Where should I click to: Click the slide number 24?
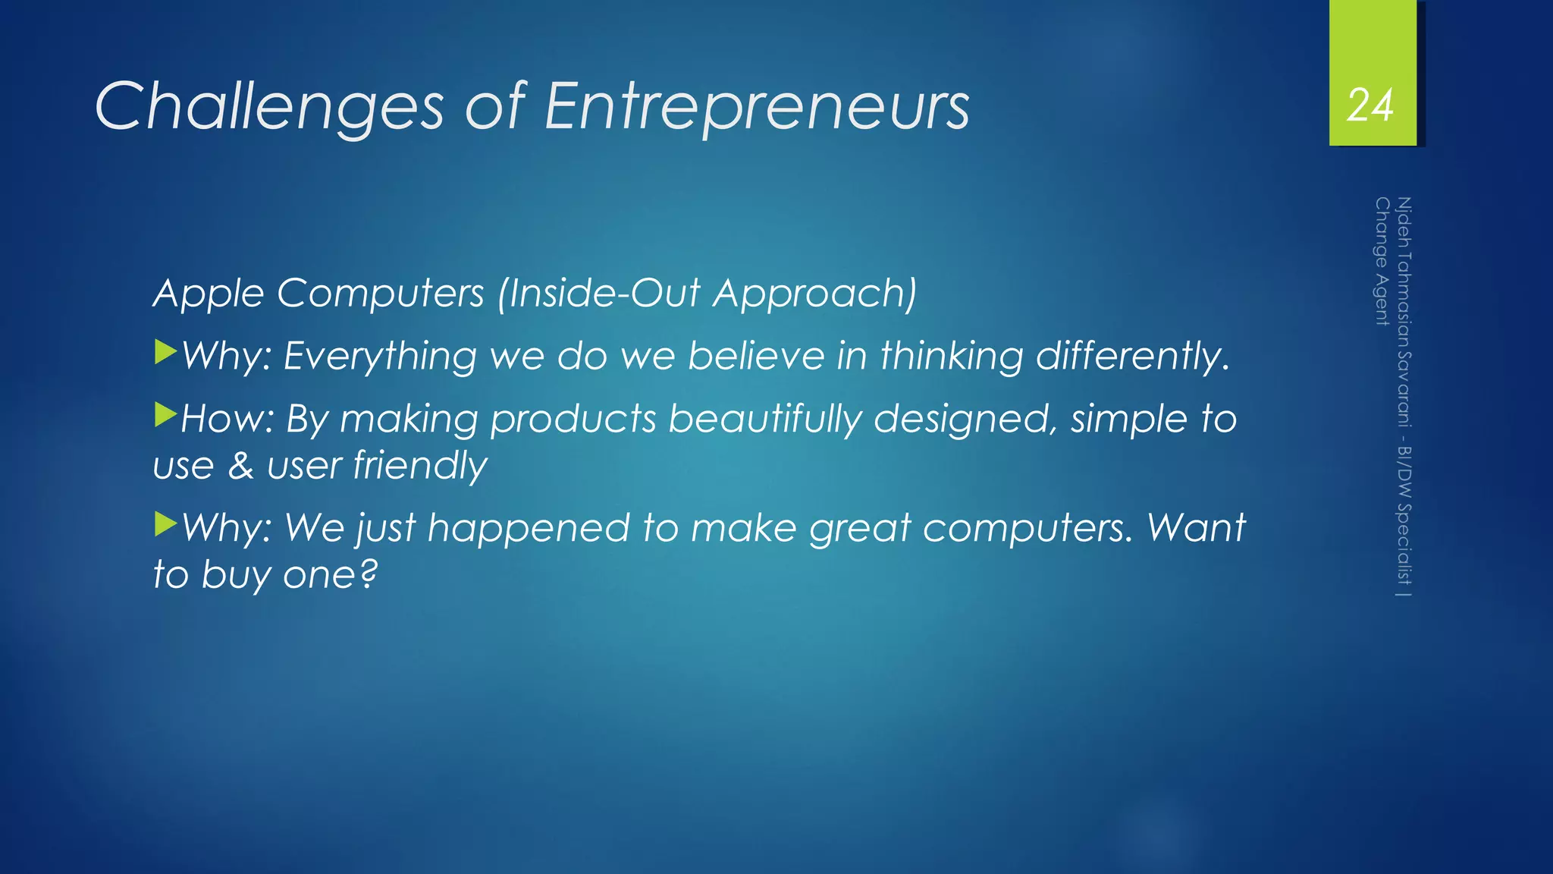point(1370,105)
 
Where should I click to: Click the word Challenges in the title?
point(269,107)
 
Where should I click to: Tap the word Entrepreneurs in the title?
point(757,107)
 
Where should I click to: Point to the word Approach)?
point(815,294)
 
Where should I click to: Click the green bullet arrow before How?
point(165,415)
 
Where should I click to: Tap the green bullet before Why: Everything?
point(165,352)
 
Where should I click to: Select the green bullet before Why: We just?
point(165,523)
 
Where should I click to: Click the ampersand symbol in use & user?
point(240,466)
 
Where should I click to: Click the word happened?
point(529,529)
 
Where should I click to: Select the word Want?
point(1196,527)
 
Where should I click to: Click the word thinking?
point(952,356)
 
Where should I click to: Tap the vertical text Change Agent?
point(1382,261)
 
